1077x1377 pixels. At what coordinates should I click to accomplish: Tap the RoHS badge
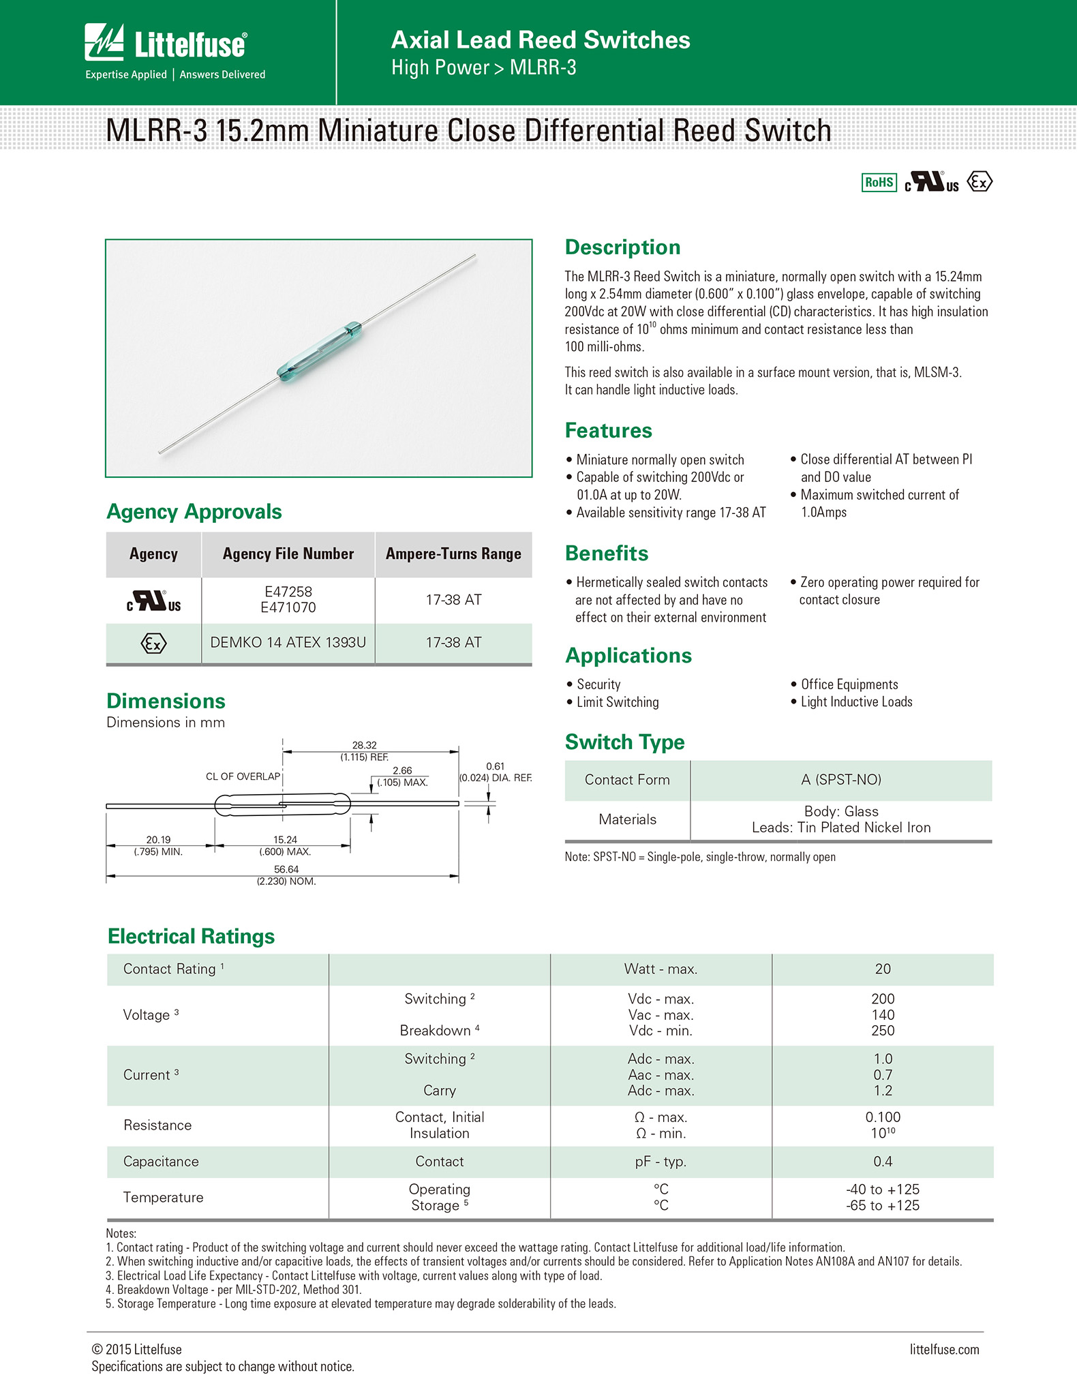(879, 182)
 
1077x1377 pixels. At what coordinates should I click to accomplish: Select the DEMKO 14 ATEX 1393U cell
(288, 642)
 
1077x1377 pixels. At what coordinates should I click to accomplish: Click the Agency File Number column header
(288, 554)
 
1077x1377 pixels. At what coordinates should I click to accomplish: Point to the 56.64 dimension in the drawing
(286, 869)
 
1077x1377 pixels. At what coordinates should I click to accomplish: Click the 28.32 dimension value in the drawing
(364, 745)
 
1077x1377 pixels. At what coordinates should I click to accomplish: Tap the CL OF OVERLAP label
(243, 776)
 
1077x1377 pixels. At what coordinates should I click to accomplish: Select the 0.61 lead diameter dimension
(495, 766)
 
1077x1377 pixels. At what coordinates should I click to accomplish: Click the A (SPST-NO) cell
(841, 780)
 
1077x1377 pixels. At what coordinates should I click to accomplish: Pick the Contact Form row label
(627, 780)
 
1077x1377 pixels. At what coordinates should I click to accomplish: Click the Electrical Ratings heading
(191, 936)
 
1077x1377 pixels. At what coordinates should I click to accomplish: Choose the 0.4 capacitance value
(883, 1162)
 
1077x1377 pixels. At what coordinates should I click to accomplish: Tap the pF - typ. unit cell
(661, 1162)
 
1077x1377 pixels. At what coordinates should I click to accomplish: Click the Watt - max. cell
(661, 969)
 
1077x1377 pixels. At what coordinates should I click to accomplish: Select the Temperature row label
(163, 1197)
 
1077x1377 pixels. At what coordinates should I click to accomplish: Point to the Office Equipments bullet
(849, 684)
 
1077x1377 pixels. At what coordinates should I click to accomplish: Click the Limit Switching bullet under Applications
(618, 702)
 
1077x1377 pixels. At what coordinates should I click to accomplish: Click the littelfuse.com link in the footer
(944, 1350)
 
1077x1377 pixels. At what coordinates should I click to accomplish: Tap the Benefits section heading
(607, 553)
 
